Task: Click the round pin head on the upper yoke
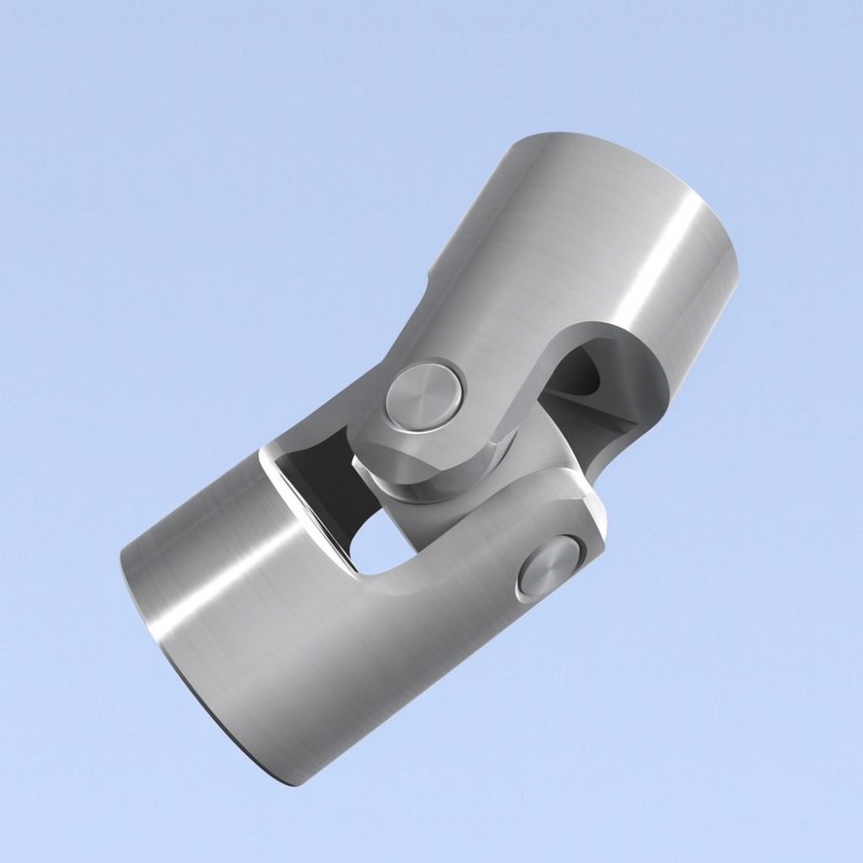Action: tap(423, 395)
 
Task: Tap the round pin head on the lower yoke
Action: tap(551, 567)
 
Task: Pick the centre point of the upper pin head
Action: tap(423, 395)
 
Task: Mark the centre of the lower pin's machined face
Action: tap(551, 567)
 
